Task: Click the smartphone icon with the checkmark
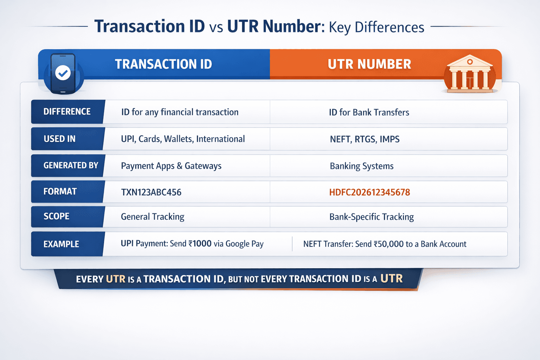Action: (x=63, y=73)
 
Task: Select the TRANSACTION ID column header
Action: (x=163, y=64)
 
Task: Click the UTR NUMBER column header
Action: (x=369, y=64)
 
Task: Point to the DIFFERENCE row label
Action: (x=67, y=112)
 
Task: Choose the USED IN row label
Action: (x=60, y=139)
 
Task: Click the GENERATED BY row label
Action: (x=71, y=166)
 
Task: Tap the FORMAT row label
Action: (x=60, y=192)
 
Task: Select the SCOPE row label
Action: (x=57, y=216)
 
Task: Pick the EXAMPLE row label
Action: (x=62, y=244)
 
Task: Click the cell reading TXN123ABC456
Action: (x=151, y=192)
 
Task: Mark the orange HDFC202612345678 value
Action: (x=369, y=192)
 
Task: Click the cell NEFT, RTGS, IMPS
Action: (x=365, y=139)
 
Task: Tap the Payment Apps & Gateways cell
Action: (x=171, y=166)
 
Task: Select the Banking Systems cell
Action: (x=361, y=166)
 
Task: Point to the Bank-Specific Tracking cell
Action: (x=372, y=217)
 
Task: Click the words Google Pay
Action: (x=244, y=244)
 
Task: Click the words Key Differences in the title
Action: (x=377, y=27)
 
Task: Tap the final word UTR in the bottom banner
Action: (x=391, y=279)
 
